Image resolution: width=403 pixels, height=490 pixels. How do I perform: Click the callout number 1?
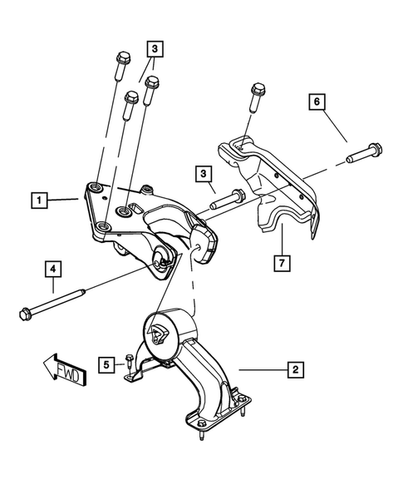pyautogui.click(x=37, y=200)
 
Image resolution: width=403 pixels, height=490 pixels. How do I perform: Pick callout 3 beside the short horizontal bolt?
pyautogui.click(x=202, y=173)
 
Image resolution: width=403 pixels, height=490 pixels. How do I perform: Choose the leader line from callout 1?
pyautogui.click(x=62, y=200)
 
